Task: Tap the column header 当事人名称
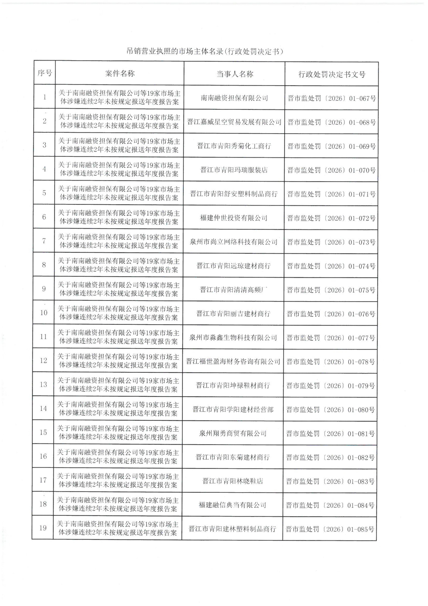click(x=235, y=74)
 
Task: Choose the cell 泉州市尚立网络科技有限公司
click(x=233, y=242)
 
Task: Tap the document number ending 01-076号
click(x=331, y=314)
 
